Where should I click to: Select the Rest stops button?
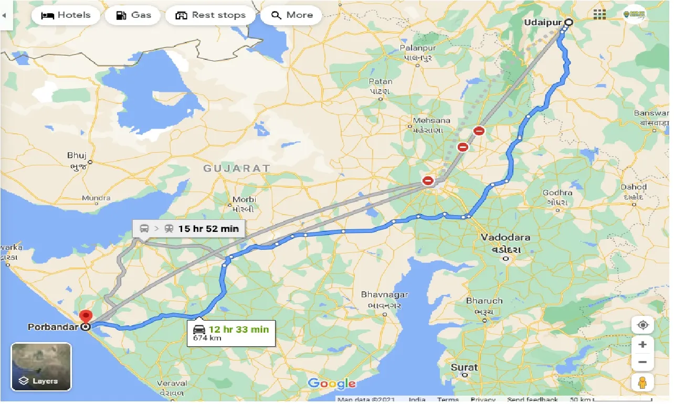click(210, 15)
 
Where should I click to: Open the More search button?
click(292, 15)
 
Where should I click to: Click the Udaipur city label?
click(542, 23)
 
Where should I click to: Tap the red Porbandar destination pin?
click(86, 316)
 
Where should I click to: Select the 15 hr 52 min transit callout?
click(189, 228)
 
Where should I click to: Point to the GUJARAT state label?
click(237, 168)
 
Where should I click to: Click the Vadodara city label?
click(505, 237)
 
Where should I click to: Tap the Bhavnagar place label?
click(384, 295)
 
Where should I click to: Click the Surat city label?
click(464, 367)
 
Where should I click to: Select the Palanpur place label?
click(418, 48)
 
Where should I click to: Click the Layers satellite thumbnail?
click(41, 367)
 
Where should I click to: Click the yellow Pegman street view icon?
click(643, 382)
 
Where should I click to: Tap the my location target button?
click(643, 325)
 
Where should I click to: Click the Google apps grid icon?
click(599, 15)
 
